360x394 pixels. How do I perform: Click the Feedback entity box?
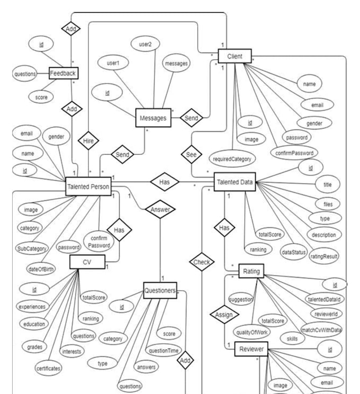64,73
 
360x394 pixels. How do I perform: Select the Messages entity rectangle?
153,118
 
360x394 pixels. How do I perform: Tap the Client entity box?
235,56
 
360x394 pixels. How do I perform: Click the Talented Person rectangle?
88,186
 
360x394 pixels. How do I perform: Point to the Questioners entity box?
160,291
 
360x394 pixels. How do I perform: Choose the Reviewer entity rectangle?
251,349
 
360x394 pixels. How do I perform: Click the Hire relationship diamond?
88,141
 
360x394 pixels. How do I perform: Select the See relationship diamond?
192,154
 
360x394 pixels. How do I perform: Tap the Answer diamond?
160,209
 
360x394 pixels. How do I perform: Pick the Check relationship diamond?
202,262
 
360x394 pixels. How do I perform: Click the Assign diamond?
224,315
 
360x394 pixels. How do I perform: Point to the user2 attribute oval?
145,44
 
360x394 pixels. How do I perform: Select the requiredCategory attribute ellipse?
232,159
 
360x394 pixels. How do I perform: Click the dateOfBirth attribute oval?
41,270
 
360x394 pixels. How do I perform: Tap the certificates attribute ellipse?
48,369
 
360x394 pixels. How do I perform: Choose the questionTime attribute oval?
164,351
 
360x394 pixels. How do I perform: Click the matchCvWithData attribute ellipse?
321,330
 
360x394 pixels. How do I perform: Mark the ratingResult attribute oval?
324,256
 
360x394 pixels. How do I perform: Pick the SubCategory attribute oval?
32,248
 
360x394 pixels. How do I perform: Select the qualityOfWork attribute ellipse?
251,332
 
